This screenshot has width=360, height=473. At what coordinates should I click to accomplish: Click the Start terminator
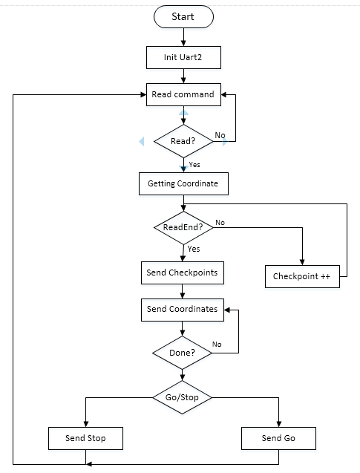pyautogui.click(x=183, y=16)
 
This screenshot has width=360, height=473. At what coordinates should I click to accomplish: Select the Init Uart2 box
pyautogui.click(x=183, y=57)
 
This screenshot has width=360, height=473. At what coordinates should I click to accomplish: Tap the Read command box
pyautogui.click(x=183, y=94)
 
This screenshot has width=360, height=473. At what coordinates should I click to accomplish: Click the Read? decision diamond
pyautogui.click(x=183, y=141)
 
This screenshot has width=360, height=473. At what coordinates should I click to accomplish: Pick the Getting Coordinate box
pyautogui.click(x=183, y=183)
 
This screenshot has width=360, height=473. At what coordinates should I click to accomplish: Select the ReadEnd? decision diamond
pyautogui.click(x=183, y=227)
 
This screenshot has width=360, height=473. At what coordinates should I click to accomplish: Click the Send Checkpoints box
pyautogui.click(x=183, y=273)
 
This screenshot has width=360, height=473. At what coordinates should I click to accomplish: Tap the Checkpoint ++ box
pyautogui.click(x=302, y=276)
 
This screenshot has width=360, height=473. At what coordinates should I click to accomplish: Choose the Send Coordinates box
pyautogui.click(x=183, y=310)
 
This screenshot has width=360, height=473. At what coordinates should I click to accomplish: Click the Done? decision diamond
pyautogui.click(x=182, y=353)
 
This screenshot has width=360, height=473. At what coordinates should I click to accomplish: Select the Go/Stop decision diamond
pyautogui.click(x=182, y=397)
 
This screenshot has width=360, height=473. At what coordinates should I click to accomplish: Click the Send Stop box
pyautogui.click(x=85, y=438)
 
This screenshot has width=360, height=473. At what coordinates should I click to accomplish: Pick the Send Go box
pyautogui.click(x=278, y=438)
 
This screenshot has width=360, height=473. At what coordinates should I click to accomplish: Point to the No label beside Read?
pyautogui.click(x=220, y=135)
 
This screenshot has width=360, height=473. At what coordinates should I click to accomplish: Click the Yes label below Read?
pyautogui.click(x=194, y=164)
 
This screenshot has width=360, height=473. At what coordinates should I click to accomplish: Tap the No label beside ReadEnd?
pyautogui.click(x=220, y=222)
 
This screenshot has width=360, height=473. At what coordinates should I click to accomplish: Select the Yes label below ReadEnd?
pyautogui.click(x=194, y=249)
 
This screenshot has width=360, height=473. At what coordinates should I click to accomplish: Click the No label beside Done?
pyautogui.click(x=217, y=345)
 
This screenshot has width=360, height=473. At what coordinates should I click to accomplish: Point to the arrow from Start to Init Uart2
pyautogui.click(x=183, y=37)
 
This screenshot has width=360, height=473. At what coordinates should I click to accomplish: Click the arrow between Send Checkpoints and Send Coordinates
pyautogui.click(x=183, y=291)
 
